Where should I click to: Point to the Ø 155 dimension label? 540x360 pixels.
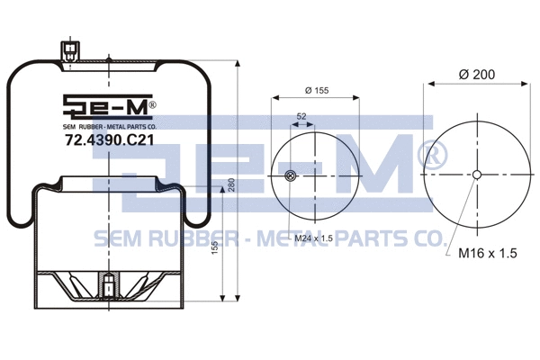point(316,90)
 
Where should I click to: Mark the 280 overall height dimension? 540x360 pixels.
point(231,184)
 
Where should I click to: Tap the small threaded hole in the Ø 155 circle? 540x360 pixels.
point(289,175)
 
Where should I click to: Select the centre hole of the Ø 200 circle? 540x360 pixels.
point(476,175)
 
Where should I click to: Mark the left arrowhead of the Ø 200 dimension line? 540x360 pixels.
point(428,84)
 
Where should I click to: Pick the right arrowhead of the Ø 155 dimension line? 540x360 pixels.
point(357,98)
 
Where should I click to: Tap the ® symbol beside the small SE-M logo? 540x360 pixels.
point(152,104)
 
